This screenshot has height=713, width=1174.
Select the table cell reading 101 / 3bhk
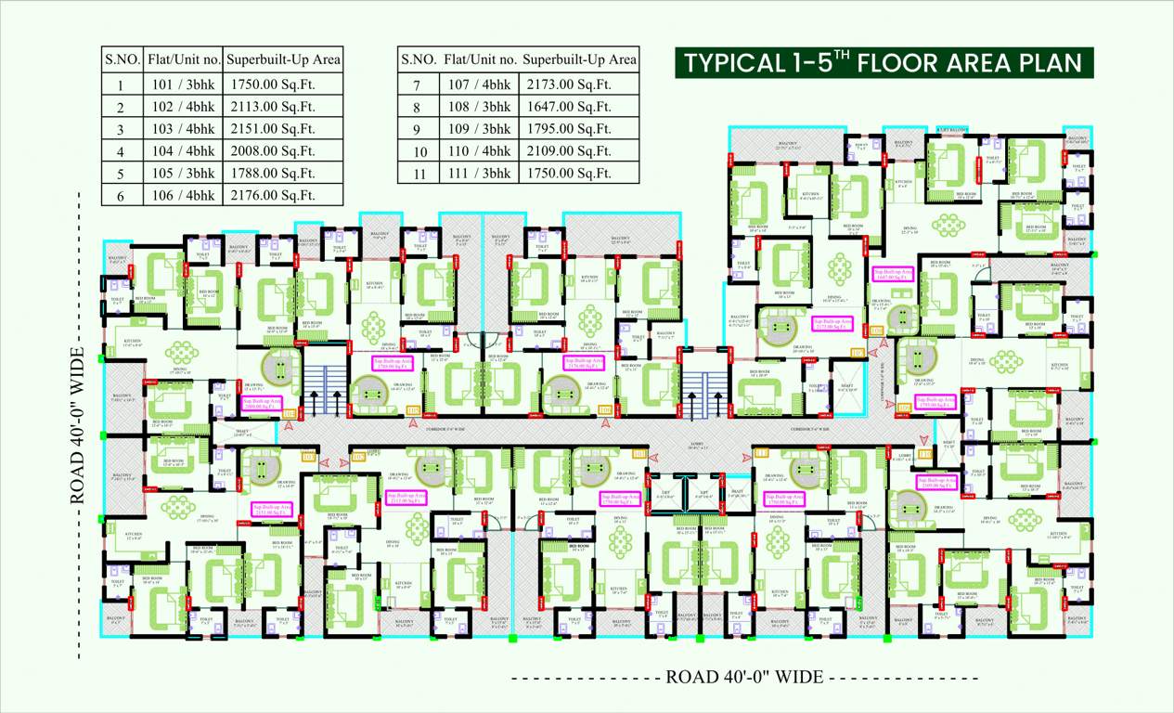(x=184, y=84)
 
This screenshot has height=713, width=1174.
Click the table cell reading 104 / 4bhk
(x=184, y=151)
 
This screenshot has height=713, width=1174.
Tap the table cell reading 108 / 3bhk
(x=480, y=107)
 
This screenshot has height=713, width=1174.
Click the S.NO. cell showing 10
(x=417, y=151)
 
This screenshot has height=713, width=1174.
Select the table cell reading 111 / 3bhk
(x=480, y=174)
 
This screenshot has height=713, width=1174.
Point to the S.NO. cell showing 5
(x=121, y=174)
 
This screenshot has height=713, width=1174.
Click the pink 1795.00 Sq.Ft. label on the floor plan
(x=935, y=402)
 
